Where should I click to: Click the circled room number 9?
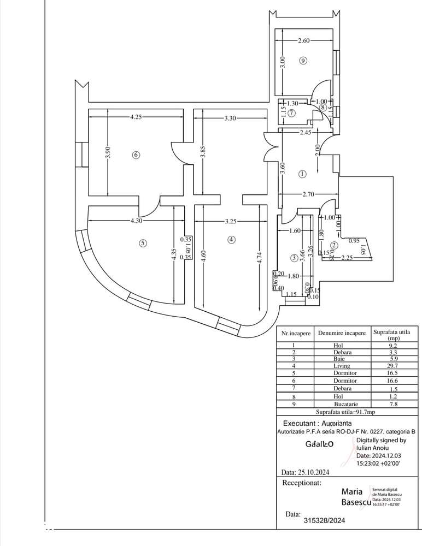(304, 61)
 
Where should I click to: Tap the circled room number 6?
(136, 155)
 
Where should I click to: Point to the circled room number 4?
(232, 239)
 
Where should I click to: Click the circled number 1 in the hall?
(303, 174)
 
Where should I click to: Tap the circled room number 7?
(292, 113)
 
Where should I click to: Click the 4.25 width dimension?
(137, 116)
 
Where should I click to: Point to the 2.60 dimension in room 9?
(304, 40)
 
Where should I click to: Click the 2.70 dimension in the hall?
(309, 194)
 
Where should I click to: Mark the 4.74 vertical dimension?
(259, 257)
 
